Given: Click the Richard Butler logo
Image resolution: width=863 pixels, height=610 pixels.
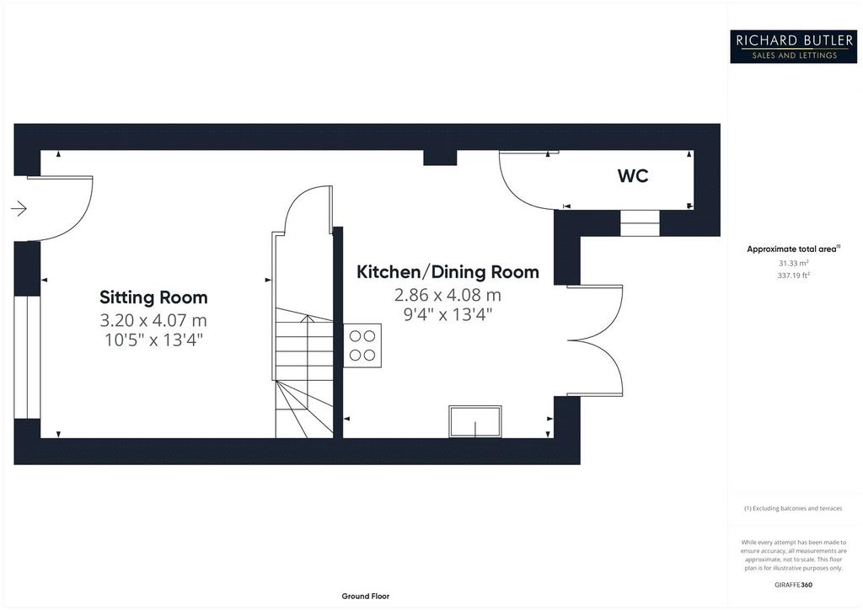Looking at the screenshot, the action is coord(793,46).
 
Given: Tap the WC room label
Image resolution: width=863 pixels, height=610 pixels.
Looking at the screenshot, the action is coord(633,176).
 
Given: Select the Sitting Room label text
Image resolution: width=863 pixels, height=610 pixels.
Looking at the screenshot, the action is coord(153,297).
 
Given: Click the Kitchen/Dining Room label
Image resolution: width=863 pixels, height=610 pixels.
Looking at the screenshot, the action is coord(448,272).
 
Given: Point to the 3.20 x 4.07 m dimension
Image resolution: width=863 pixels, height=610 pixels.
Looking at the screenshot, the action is coord(153,319).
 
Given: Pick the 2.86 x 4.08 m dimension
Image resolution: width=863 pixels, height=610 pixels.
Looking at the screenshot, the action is coord(448,295).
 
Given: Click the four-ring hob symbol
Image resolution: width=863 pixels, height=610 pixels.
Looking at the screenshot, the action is coord(362,345).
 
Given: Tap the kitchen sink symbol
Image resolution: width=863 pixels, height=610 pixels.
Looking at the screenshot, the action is coord(475,422).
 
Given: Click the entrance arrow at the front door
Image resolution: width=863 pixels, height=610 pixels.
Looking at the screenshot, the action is coord(19,209).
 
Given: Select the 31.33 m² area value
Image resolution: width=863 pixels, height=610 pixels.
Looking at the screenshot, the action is coord(793,263).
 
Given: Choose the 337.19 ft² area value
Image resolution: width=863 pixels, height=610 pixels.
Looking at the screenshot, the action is coord(793,275).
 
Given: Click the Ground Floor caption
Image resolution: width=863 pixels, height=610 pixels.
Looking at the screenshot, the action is coord(366,597).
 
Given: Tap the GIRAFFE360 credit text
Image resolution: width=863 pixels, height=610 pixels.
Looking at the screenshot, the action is coord(793,585).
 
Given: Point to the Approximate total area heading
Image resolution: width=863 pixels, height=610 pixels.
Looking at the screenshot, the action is coord(793,249).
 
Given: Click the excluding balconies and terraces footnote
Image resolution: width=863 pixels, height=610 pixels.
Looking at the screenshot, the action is coord(793,508).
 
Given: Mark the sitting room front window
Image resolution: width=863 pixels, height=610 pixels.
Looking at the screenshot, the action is coord(27,357).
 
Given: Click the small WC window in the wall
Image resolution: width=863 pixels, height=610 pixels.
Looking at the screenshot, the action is coord(640,222).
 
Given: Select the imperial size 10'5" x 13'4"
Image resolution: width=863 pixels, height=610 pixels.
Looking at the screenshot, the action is coord(153,340).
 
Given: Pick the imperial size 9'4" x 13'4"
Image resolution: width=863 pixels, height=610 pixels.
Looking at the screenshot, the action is coord(448,315).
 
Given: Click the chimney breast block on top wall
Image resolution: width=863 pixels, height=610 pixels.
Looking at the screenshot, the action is coord(440,158).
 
